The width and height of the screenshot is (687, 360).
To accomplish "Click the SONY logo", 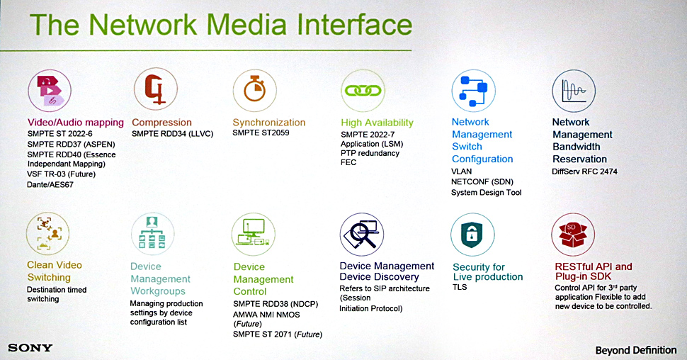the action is click(x=30, y=348).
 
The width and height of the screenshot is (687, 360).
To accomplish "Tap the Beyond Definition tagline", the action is click(x=636, y=350).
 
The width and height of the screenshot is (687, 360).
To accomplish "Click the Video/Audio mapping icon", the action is click(x=50, y=91).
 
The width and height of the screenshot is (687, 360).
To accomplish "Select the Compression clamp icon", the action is click(x=156, y=89).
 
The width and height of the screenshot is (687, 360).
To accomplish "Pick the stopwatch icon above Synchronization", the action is click(x=254, y=90).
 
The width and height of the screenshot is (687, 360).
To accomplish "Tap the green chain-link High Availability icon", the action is click(x=363, y=90).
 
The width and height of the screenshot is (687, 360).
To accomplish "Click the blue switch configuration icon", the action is click(x=473, y=91).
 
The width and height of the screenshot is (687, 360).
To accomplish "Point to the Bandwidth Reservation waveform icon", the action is click(x=574, y=91).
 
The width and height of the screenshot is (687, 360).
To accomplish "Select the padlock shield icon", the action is click(x=472, y=235).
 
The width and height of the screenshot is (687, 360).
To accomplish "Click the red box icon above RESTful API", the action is click(x=573, y=234).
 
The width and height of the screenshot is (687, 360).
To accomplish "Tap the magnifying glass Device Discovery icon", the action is click(x=361, y=234).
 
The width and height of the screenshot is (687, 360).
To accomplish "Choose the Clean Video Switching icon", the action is click(x=47, y=233).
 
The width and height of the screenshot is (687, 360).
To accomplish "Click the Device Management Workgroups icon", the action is click(x=152, y=234).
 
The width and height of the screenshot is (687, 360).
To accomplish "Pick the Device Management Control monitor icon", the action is click(x=254, y=234).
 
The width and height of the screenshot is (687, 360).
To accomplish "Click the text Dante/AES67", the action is click(x=50, y=184).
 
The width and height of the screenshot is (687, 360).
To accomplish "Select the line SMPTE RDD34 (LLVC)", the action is click(x=173, y=134).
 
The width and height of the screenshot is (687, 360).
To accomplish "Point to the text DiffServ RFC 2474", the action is click(x=584, y=171).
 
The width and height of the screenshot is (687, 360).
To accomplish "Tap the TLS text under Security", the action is click(x=460, y=287).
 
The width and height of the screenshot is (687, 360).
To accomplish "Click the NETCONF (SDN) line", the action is click(x=482, y=181).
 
